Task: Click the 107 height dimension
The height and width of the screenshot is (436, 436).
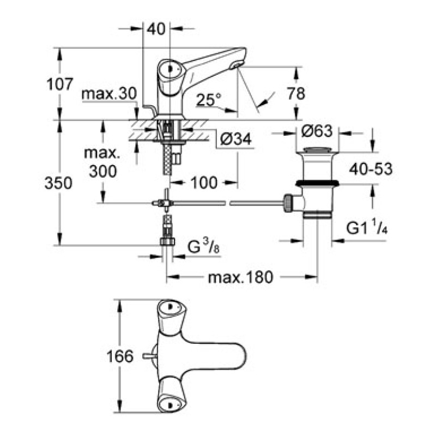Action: tap(60, 84)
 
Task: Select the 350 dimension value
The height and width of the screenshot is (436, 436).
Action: tap(60, 184)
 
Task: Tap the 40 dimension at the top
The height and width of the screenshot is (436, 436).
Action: tap(156, 31)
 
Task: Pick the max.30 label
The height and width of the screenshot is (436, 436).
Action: tap(108, 94)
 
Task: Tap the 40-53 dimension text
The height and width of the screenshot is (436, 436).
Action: tap(370, 168)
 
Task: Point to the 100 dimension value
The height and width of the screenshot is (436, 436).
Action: tap(204, 182)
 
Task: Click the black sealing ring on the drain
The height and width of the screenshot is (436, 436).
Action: tap(317, 183)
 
